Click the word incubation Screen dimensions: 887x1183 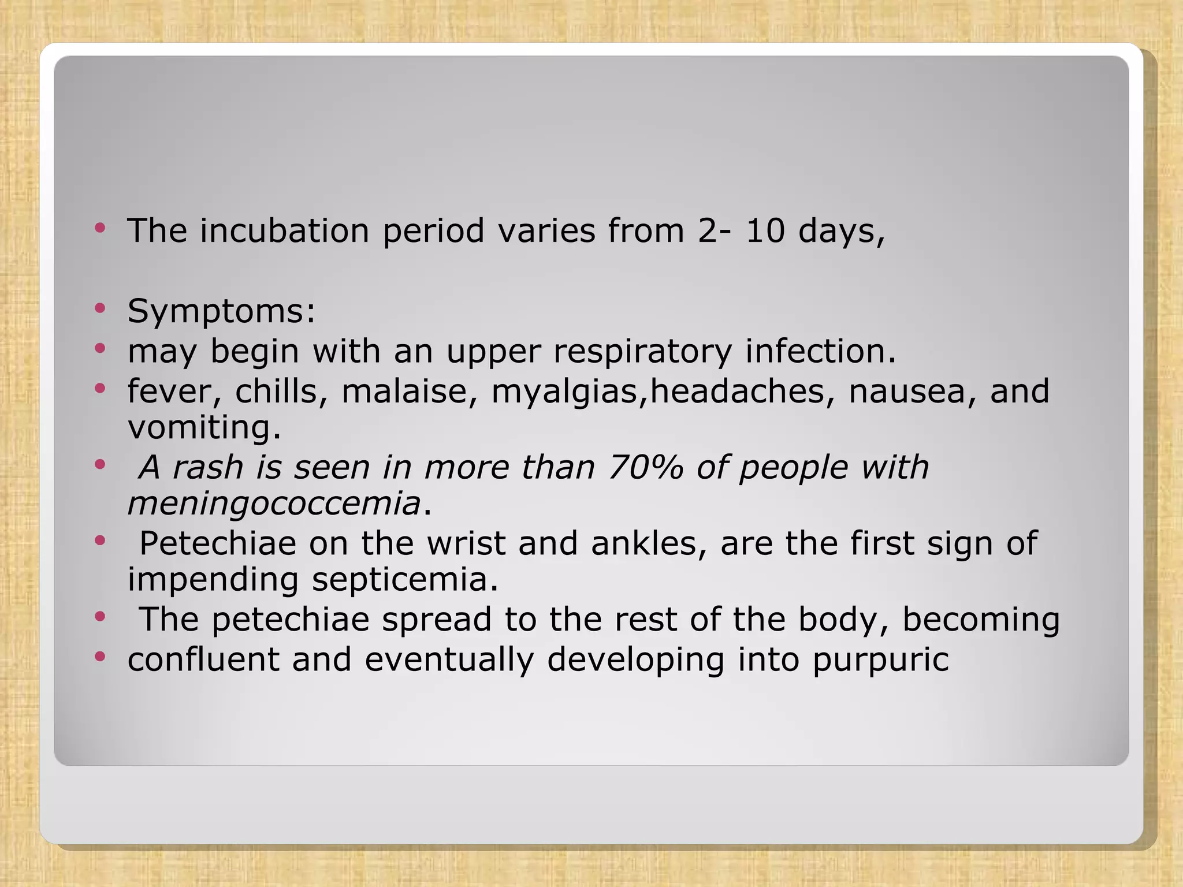click(x=284, y=231)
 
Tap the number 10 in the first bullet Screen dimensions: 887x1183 click(x=765, y=231)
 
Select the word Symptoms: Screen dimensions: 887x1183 click(x=221, y=312)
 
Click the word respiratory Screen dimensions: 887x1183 click(x=642, y=352)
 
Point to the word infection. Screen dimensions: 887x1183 click(x=820, y=351)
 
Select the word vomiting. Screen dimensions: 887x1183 click(x=204, y=428)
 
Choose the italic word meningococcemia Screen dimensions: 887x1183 click(x=274, y=504)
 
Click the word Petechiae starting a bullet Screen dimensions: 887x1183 click(x=217, y=543)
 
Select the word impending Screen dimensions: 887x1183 click(x=213, y=581)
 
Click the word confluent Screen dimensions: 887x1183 click(x=203, y=659)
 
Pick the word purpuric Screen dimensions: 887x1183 click(x=880, y=661)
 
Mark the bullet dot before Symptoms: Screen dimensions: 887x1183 click(x=101, y=308)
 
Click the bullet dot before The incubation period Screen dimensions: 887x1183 click(x=101, y=228)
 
